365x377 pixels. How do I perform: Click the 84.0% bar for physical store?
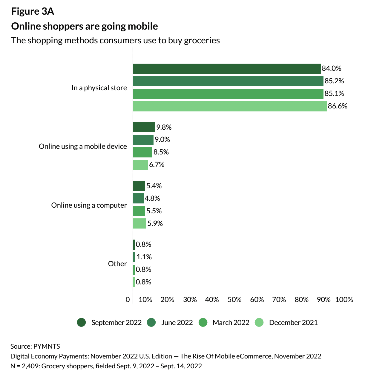[x=226, y=69]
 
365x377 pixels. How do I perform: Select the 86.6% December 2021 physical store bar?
[x=229, y=106]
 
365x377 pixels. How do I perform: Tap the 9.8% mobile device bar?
[x=144, y=127]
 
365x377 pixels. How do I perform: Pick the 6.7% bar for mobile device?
[x=140, y=165]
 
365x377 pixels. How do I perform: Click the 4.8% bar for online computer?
[x=138, y=198]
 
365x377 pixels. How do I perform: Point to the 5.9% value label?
[x=155, y=223]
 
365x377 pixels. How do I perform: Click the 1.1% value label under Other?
[x=144, y=257]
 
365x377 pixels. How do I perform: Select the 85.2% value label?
[x=334, y=81]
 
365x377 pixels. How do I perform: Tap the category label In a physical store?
[x=99, y=88]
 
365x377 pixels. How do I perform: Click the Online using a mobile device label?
[x=83, y=146]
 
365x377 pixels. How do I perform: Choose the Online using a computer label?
[x=89, y=205]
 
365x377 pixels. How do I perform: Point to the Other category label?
[x=117, y=264]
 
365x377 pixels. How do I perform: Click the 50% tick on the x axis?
[x=234, y=300]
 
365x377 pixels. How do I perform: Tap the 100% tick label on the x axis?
[x=344, y=300]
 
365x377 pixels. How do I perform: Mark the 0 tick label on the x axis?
[x=128, y=300]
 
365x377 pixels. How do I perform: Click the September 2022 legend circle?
[x=81, y=323]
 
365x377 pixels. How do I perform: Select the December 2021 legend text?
[x=293, y=323]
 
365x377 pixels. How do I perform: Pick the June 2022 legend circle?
[x=151, y=323]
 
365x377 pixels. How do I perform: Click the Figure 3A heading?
[x=33, y=11]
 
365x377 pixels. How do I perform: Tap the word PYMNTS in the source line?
[x=47, y=346]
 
